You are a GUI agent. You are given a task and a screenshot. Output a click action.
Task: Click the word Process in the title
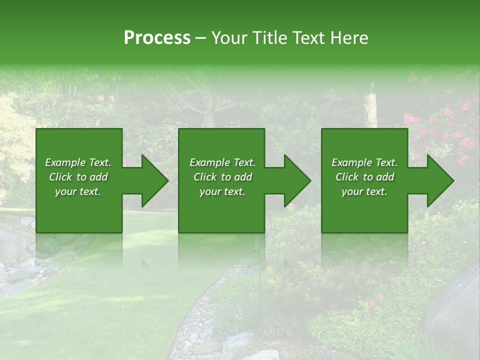157,38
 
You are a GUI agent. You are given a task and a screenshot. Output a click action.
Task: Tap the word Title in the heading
268,38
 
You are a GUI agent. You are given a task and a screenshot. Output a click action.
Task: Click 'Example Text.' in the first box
78,162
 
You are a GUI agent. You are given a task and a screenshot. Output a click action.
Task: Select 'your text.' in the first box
78,191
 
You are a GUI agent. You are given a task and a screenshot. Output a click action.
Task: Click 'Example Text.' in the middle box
222,162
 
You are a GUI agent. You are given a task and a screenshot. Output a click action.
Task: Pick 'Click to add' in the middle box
222,177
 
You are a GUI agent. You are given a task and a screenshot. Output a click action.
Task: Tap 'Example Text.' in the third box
364,162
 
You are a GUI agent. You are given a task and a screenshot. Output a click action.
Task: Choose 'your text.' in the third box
364,191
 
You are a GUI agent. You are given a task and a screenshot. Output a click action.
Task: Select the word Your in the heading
229,38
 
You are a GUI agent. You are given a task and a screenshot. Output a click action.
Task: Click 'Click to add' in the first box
78,177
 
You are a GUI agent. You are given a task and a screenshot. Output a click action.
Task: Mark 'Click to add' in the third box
364,177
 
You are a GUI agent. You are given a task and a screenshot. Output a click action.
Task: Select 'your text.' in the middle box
222,191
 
